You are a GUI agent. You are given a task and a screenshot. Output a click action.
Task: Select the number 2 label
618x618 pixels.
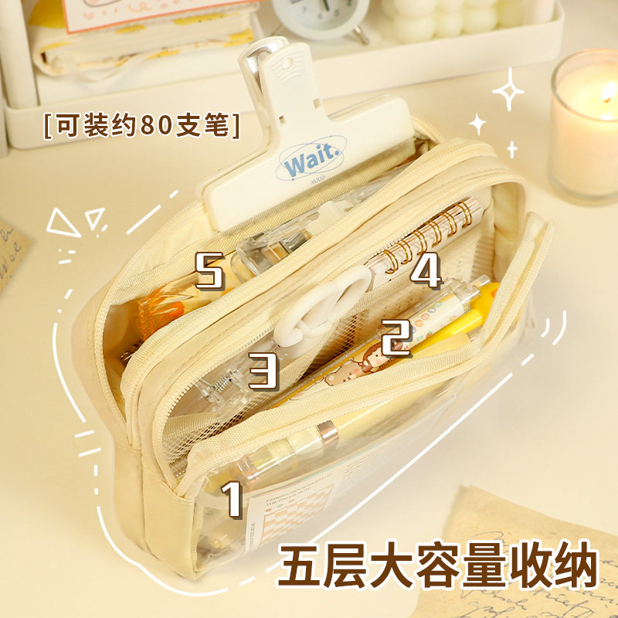(x=396, y=338)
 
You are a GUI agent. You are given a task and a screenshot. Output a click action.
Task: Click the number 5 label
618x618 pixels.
(x=209, y=271)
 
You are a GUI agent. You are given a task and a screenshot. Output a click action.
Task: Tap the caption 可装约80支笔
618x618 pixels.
(x=142, y=124)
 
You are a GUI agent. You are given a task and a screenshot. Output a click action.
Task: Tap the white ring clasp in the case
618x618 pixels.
(x=324, y=309)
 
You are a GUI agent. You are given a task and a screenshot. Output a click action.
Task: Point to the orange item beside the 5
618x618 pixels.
(x=166, y=309)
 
